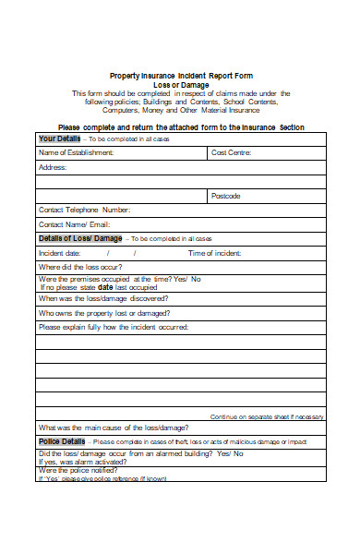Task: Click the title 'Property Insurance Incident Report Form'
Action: [x=180, y=75]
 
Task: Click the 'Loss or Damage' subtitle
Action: [x=180, y=84]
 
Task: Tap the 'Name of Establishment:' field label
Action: [x=77, y=152]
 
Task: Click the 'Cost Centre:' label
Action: [x=232, y=152]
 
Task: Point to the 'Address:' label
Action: [x=53, y=167]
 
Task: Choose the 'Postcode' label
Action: [x=226, y=196]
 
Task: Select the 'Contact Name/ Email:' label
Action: [x=74, y=224]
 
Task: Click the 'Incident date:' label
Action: [x=60, y=253]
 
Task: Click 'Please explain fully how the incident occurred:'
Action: [x=114, y=327]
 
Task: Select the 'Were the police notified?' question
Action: [x=83, y=470]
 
